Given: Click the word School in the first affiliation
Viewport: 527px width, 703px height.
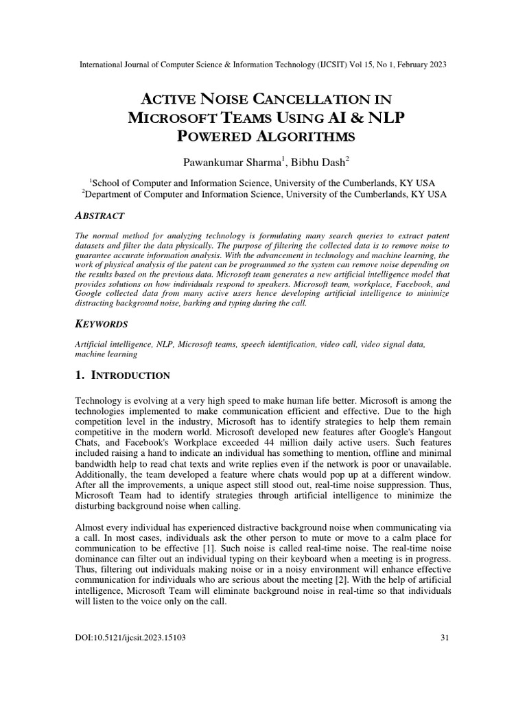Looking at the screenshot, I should click(107, 183).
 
